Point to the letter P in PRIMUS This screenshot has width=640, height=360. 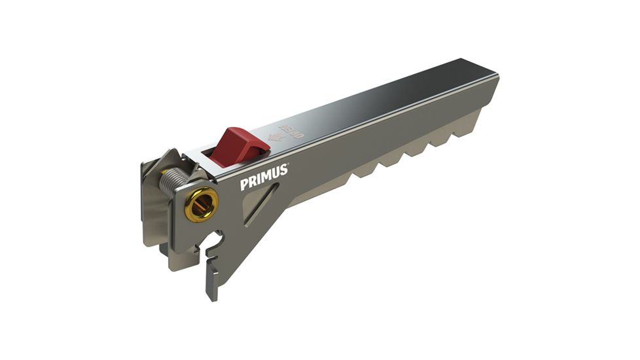pyautogui.click(x=244, y=185)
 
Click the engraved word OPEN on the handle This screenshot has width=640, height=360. pyautogui.click(x=292, y=128)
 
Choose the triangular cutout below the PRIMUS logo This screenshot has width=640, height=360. pyautogui.click(x=258, y=205)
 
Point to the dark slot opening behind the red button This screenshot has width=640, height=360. pyautogui.click(x=211, y=156)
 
